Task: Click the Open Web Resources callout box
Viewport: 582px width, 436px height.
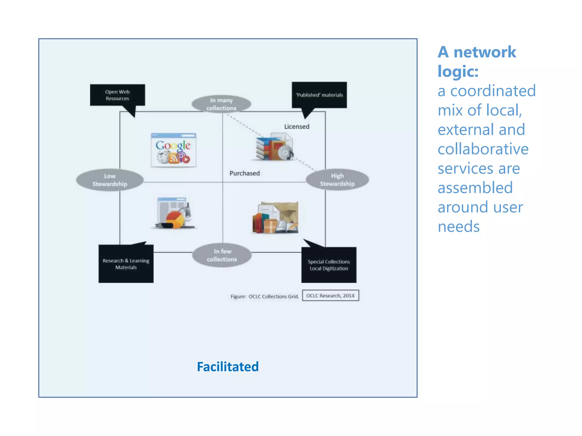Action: point(117,95)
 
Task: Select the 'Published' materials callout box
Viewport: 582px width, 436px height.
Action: point(319,95)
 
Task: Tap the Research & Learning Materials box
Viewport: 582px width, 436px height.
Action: point(126,264)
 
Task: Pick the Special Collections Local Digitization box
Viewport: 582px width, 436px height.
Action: point(329,265)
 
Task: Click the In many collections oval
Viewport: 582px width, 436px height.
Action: point(221,104)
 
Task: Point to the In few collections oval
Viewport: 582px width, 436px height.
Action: point(222,255)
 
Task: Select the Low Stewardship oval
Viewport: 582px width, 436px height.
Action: point(110,180)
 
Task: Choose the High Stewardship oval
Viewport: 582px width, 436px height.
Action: point(337,180)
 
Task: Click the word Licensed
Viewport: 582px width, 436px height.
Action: point(297,127)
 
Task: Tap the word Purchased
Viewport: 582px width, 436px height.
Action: point(244,173)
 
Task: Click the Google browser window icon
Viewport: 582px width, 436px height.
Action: point(173,150)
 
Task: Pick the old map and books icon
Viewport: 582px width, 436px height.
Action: point(275,218)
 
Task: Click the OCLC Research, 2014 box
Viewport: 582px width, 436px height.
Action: point(330,295)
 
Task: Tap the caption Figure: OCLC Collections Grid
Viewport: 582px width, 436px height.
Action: point(265,297)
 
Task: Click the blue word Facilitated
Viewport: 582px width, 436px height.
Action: point(228,367)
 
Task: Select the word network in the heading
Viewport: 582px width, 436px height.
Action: point(485,52)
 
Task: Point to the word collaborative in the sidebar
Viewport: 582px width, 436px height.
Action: point(483,149)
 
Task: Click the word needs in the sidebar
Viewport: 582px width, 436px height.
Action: point(458,227)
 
